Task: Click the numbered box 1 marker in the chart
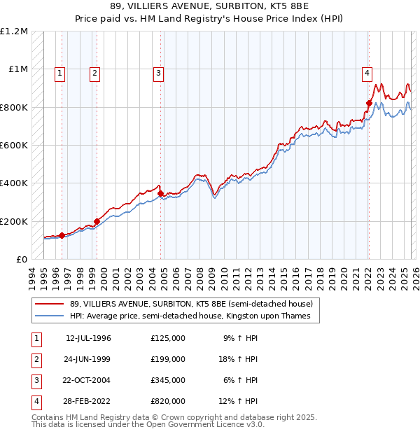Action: pos(59,72)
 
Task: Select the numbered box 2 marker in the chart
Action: pos(94,72)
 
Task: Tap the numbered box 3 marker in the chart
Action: pos(159,72)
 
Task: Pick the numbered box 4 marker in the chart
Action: pos(367,72)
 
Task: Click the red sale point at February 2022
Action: pos(369,103)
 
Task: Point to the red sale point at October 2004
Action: pos(161,193)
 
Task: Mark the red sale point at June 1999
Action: pos(97,221)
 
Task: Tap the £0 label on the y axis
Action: pos(21,260)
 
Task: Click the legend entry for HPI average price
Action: pos(194,316)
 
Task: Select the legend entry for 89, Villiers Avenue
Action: pos(195,304)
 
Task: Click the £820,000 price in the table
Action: pos(167,401)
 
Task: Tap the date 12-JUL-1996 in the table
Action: pos(88,338)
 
